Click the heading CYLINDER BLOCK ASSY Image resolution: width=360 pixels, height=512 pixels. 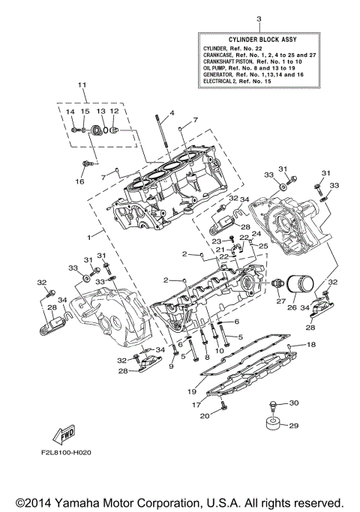259,38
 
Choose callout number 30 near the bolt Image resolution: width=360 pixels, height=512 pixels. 293,403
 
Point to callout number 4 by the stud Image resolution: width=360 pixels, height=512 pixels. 171,113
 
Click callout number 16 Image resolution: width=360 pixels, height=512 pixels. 79,181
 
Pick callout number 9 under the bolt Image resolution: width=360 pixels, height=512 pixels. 170,366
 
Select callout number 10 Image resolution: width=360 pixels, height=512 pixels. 220,351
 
